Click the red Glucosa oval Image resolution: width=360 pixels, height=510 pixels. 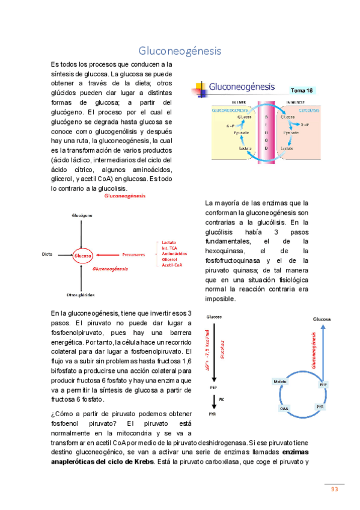(x=83, y=256)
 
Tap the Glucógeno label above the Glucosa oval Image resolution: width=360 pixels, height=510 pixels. (x=82, y=215)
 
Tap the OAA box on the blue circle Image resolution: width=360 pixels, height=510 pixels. (x=284, y=408)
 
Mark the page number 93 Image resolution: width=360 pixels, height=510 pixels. (x=334, y=490)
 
